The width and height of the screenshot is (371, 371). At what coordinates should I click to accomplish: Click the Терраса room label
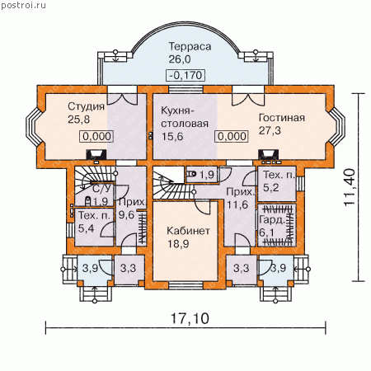190,46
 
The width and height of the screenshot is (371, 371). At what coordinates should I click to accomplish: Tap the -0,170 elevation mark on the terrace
185,75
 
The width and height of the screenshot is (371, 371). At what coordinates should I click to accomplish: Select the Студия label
87,106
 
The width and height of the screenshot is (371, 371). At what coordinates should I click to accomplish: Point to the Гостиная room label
282,118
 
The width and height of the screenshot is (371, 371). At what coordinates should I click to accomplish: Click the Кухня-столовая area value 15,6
172,137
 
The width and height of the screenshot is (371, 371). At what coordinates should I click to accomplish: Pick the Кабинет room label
189,231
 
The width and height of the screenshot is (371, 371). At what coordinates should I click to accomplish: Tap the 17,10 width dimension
190,318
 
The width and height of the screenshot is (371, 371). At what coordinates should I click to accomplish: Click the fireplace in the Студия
96,154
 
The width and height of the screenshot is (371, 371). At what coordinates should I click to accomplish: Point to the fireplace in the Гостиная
269,155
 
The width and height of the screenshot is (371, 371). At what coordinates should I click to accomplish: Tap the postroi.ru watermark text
23,5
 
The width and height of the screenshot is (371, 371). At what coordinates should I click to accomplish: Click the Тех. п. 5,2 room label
279,181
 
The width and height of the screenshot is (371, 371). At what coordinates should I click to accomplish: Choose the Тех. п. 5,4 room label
94,222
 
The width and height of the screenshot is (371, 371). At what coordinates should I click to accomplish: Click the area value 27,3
270,130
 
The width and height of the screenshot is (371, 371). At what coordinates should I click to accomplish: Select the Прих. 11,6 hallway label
240,198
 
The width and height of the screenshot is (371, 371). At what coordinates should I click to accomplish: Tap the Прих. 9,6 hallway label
131,209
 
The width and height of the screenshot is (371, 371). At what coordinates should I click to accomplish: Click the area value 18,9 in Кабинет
178,244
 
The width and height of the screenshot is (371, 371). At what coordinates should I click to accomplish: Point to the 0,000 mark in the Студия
96,136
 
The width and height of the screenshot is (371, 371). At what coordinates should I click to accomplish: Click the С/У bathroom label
101,189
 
